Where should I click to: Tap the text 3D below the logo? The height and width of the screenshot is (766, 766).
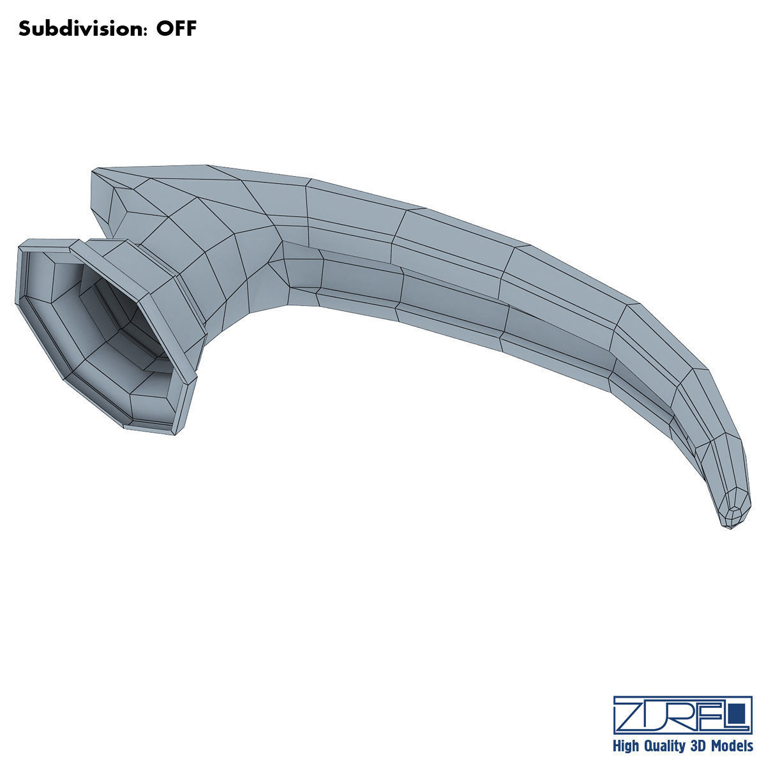coord(698,746)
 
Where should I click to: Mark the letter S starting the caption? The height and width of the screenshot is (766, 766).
coord(24,29)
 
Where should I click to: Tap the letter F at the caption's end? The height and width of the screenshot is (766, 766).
coord(191,29)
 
